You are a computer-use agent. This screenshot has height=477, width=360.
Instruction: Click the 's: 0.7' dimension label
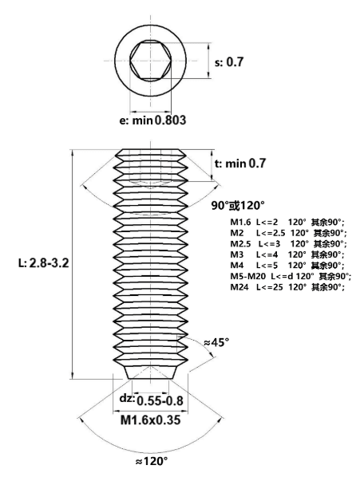point(229,62)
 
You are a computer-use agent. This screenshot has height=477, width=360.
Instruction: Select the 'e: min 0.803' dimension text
point(152,120)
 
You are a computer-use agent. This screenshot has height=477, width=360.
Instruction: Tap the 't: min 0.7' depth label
point(240,164)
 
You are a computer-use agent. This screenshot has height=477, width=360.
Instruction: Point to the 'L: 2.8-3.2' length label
point(44,263)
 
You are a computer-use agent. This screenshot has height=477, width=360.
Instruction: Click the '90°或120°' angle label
point(238,206)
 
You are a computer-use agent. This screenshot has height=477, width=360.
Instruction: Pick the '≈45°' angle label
point(216,342)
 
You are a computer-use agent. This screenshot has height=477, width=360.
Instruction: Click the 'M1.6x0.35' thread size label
point(151,420)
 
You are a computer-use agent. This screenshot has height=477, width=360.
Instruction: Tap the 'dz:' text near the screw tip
point(127,398)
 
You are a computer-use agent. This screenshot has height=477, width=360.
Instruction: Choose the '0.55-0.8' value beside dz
point(160,401)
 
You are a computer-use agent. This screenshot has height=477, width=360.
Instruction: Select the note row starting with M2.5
point(288,244)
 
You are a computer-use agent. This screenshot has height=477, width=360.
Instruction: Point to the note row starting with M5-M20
point(291,277)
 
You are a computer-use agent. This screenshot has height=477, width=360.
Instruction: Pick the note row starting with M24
point(287,287)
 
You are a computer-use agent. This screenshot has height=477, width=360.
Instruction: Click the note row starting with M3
point(287,254)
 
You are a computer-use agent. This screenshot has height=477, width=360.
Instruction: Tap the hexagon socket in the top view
point(151,61)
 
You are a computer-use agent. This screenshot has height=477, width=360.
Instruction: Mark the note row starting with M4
point(287,266)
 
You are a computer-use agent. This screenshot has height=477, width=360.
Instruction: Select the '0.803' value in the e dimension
point(170,120)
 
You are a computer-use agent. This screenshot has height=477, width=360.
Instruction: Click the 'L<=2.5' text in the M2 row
point(271,234)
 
